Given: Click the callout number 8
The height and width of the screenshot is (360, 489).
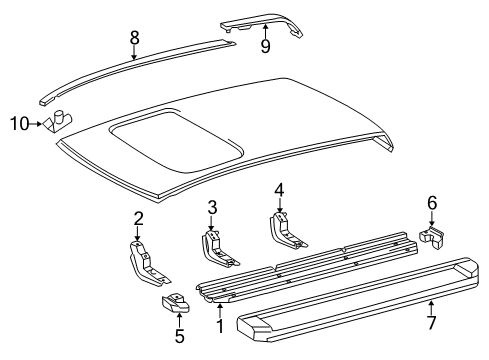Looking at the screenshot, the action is point(134,38).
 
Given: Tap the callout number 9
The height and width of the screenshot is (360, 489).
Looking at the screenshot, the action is point(265,46).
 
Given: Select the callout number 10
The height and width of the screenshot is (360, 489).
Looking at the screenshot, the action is point(20,124).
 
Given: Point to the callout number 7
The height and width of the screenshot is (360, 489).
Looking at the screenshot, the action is point(431,323).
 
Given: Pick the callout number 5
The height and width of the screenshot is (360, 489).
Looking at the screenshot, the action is point(180,336).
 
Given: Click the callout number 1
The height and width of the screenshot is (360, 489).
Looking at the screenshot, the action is point(220,326).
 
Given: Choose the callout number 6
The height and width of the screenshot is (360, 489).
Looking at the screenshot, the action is point(432,203).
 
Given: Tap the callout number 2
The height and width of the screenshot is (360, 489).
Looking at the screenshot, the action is point(139,219).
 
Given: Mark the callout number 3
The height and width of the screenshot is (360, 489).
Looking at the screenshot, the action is point(212,207).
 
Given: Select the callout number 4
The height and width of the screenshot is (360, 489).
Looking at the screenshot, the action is point(279,191).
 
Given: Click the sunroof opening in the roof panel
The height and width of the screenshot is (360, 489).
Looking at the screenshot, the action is point(177,141).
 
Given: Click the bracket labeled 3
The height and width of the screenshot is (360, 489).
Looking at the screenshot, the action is point(217,249).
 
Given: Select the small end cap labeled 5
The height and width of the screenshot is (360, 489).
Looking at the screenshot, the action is point(175,303).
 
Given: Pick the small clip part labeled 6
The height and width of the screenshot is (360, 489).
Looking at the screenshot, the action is point(432,237).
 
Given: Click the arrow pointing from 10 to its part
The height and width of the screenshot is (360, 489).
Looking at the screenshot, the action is point(35,124).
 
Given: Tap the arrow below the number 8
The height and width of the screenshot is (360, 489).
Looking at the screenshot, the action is point(134,53).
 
